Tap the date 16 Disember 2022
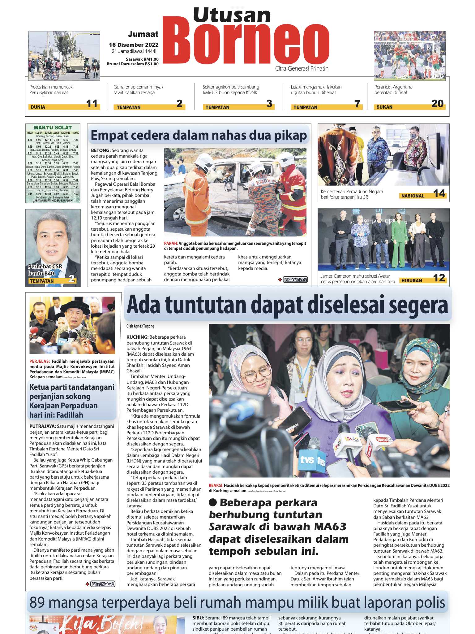[x=134, y=45]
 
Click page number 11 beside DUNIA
[x=92, y=104]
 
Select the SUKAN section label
[x=384, y=107]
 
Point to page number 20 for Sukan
[x=437, y=104]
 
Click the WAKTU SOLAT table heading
[x=53, y=128]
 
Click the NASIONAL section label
[x=413, y=196]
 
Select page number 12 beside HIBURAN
[x=439, y=278]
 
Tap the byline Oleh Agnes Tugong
[x=140, y=326]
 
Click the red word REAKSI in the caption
[x=216, y=485]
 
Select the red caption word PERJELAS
[x=40, y=361]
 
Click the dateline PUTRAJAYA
[x=43, y=426]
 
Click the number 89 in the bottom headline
[x=38, y=602]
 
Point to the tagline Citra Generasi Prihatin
[x=302, y=68]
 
